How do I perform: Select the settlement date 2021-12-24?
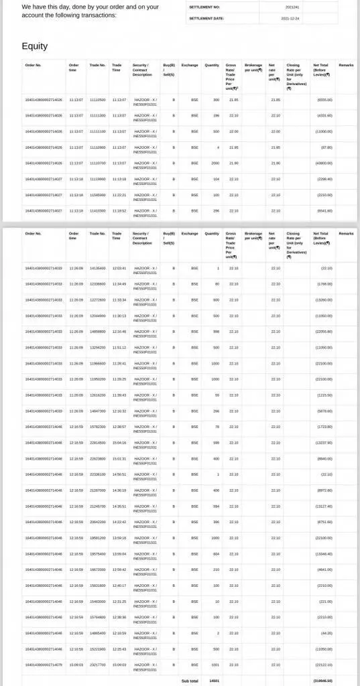(x=291, y=19)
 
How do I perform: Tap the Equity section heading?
(x=35, y=46)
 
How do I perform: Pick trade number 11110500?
(x=98, y=100)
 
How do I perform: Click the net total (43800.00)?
(x=324, y=163)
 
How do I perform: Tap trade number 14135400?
(x=98, y=268)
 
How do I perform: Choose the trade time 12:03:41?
(x=119, y=268)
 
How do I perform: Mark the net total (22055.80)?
(x=323, y=332)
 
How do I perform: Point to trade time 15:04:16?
(x=119, y=443)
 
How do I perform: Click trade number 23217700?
(x=98, y=665)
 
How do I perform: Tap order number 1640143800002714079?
(x=44, y=665)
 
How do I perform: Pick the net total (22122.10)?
(x=323, y=665)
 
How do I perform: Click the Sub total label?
(x=190, y=681)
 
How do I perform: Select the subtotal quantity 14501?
(x=214, y=681)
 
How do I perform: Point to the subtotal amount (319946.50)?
(x=322, y=681)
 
